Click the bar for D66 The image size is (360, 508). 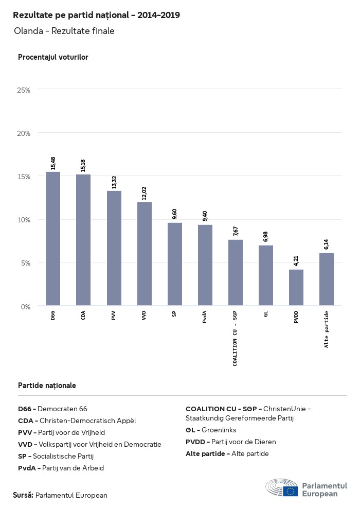(x=53, y=239)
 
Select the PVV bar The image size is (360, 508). (x=114, y=248)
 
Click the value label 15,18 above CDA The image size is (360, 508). (x=83, y=165)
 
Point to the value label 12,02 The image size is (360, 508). (x=144, y=192)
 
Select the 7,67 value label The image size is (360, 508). (x=236, y=231)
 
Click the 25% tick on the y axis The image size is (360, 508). (x=24, y=90)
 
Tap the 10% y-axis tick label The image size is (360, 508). (x=24, y=220)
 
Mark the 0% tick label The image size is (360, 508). (x=26, y=307)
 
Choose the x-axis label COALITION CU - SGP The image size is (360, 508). (x=235, y=339)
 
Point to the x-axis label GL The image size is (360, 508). (x=266, y=316)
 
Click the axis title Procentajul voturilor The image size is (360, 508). (x=53, y=57)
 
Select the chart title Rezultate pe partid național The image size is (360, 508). (x=96, y=15)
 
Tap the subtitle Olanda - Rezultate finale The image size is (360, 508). (x=64, y=31)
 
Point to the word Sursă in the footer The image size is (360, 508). (x=23, y=495)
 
